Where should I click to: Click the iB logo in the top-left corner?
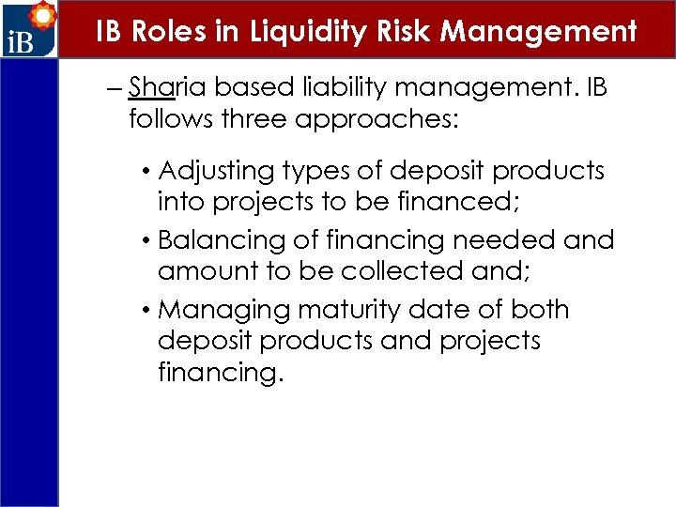point(29,31)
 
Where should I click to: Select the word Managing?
point(219,310)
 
